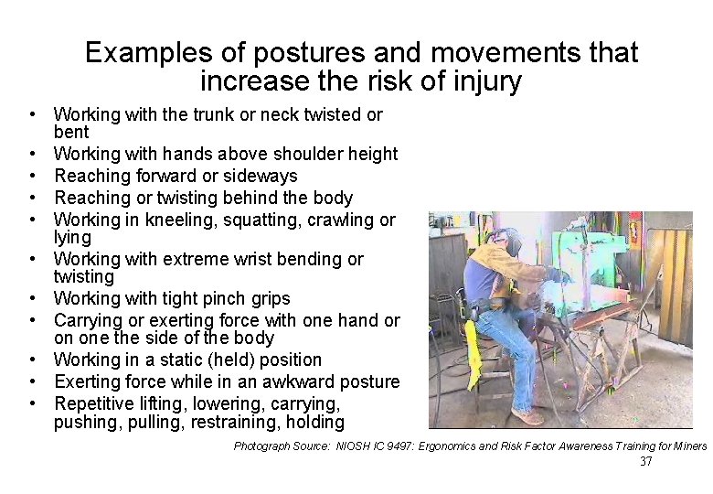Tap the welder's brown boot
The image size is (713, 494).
click(527, 416)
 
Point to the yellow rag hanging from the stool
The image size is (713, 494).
click(474, 343)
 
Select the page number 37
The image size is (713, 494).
click(645, 462)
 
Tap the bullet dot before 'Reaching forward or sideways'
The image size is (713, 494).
click(32, 176)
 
